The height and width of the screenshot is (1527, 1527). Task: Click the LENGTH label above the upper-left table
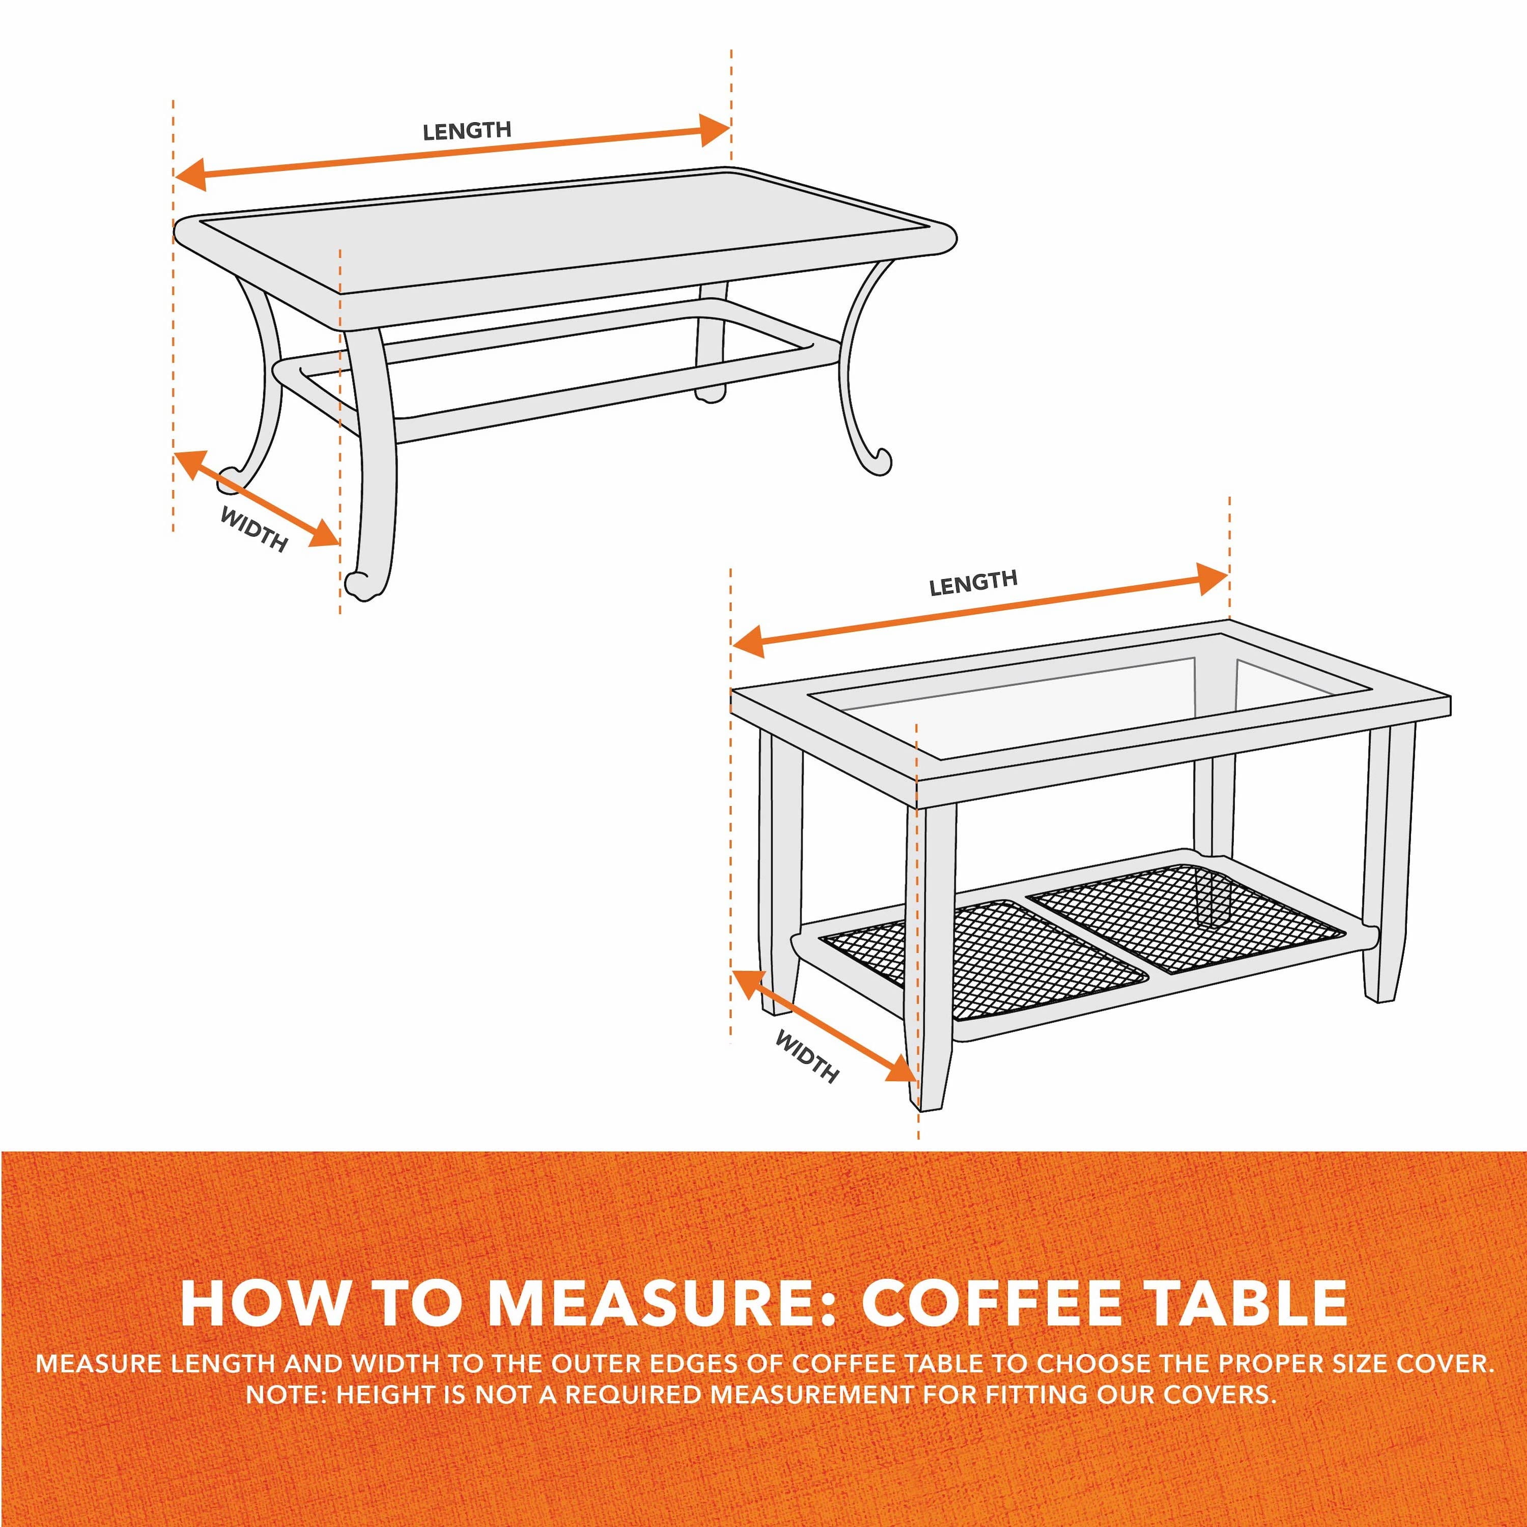click(467, 130)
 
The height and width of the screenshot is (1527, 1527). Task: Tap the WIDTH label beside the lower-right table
click(807, 1056)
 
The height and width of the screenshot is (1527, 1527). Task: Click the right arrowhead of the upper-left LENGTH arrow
click(715, 130)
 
